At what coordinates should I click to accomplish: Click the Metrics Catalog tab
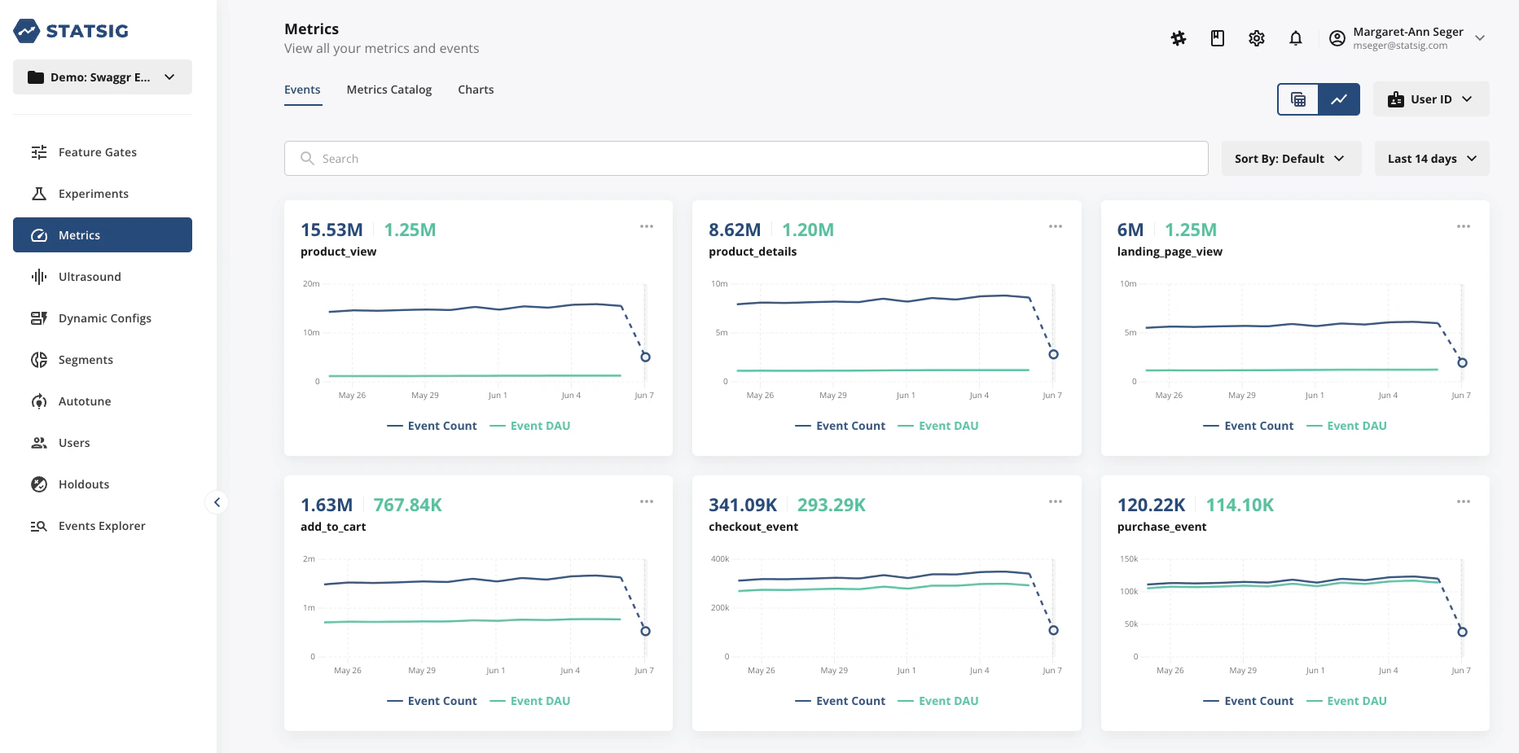coord(389,90)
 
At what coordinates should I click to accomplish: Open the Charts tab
coord(476,90)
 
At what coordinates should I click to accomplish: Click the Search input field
coord(745,159)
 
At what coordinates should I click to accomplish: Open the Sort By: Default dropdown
coord(1290,159)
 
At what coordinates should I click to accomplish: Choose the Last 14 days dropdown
coord(1431,159)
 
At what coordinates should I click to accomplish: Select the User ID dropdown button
coord(1430,99)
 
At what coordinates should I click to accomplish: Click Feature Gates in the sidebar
coord(97,152)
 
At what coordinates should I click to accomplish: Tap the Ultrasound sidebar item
coord(90,277)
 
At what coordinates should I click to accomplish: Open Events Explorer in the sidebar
coord(102,526)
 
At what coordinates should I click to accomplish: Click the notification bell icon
coord(1295,38)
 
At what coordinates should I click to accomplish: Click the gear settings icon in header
coord(1256,38)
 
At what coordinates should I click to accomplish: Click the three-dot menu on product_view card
coord(647,226)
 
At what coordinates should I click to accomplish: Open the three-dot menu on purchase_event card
coord(1463,501)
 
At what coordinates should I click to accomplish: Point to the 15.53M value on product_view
coord(331,230)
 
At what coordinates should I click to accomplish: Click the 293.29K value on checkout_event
coord(831,506)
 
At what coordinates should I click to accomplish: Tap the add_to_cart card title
coord(333,527)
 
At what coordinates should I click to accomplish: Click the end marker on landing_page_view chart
coord(1462,362)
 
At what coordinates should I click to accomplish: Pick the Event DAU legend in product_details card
coord(948,426)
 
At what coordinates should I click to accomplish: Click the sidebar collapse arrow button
coord(217,502)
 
